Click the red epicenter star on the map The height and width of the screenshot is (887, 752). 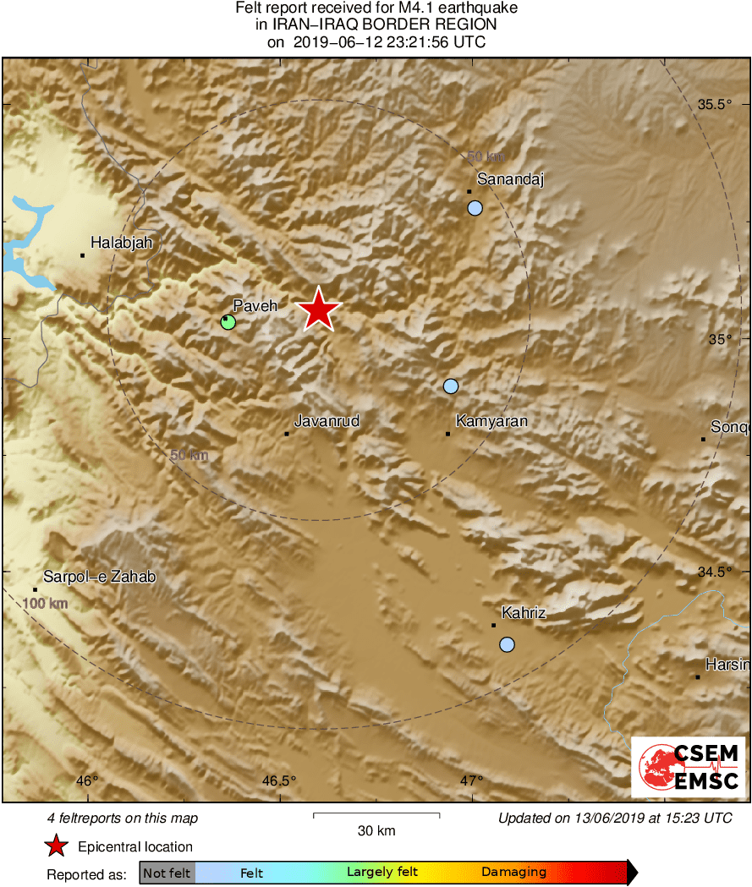[x=318, y=309]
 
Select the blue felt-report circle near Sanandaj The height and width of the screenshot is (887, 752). [x=475, y=207]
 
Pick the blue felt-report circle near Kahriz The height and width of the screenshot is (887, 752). [x=507, y=644]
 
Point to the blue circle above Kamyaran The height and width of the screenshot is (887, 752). [x=451, y=386]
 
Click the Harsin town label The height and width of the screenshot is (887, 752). [x=727, y=665]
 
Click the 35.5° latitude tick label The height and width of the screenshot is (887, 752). [x=714, y=105]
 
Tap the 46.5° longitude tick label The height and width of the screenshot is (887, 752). [x=279, y=781]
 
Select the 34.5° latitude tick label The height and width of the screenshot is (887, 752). [x=714, y=572]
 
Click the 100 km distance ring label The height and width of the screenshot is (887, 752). [x=45, y=604]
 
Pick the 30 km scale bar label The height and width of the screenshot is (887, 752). [x=376, y=830]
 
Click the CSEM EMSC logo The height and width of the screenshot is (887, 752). [x=689, y=767]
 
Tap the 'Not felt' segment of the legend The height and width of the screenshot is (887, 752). [x=167, y=873]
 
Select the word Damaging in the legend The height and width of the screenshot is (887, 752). [x=513, y=873]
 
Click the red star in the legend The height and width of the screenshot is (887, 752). [x=56, y=846]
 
